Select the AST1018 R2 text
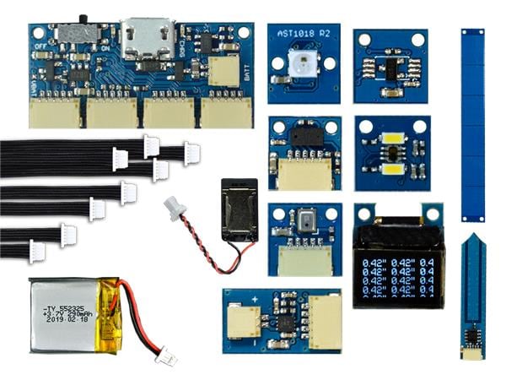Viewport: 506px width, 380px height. pos(303,35)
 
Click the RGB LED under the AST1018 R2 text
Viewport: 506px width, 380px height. pos(303,62)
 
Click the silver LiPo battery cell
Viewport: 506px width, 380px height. pos(64,315)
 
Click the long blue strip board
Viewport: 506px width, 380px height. pos(472,122)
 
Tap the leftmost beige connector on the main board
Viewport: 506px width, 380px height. pos(55,111)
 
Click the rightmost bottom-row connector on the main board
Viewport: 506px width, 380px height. pos(226,111)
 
